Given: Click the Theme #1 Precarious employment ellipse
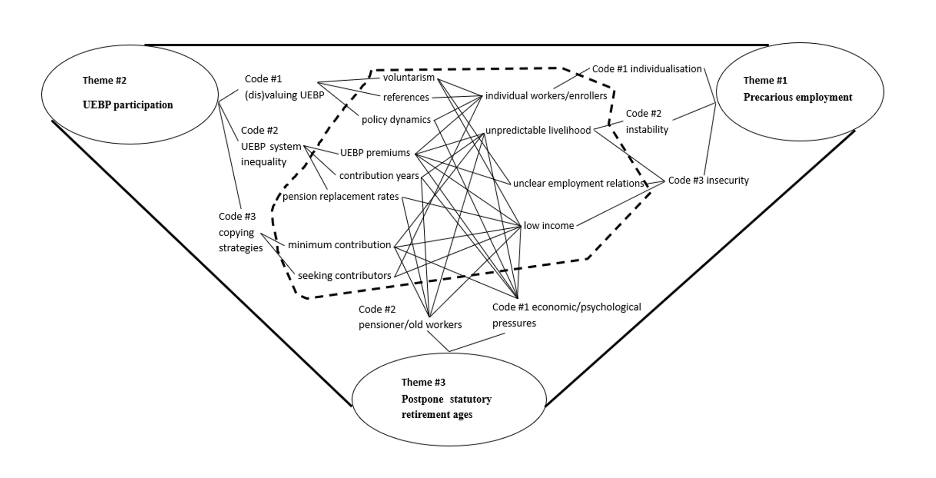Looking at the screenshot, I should pyautogui.click(x=799, y=92).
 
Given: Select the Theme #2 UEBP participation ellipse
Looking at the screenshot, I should pyautogui.click(x=130, y=95).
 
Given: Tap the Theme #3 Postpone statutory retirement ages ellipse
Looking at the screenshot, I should pyautogui.click(x=449, y=399).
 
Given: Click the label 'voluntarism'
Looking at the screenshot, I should pyautogui.click(x=408, y=78).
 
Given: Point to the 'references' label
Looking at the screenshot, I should pyautogui.click(x=406, y=98).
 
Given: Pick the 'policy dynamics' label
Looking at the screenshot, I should pyautogui.click(x=396, y=120).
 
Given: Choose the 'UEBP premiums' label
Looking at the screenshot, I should pyautogui.click(x=375, y=153).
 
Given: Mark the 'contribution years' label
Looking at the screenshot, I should pyautogui.click(x=379, y=176).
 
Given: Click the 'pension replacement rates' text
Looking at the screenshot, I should pyautogui.click(x=340, y=197).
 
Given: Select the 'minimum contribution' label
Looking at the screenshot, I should pyautogui.click(x=339, y=245).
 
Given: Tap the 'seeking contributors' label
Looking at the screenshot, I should pyautogui.click(x=344, y=276).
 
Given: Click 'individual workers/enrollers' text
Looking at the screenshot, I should pyautogui.click(x=546, y=96).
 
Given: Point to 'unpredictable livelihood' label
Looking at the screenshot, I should pyautogui.click(x=538, y=131).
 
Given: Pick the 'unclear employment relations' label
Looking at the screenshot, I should pyautogui.click(x=578, y=184).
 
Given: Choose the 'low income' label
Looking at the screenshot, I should pyautogui.click(x=549, y=226).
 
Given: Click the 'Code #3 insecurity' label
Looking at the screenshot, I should pyautogui.click(x=708, y=181).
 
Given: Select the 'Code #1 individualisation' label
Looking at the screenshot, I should pyautogui.click(x=647, y=69).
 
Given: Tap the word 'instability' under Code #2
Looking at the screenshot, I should pyautogui.click(x=647, y=130).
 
